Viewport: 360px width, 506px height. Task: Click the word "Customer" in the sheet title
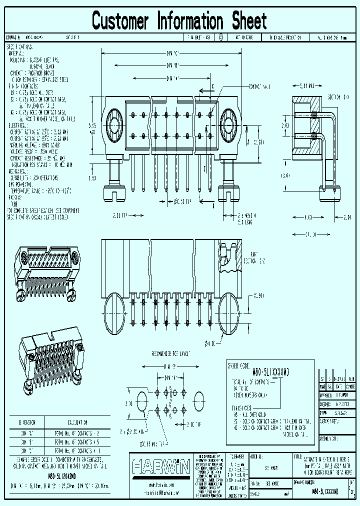point(120,21)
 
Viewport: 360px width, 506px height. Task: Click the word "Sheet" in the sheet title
point(249,21)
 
